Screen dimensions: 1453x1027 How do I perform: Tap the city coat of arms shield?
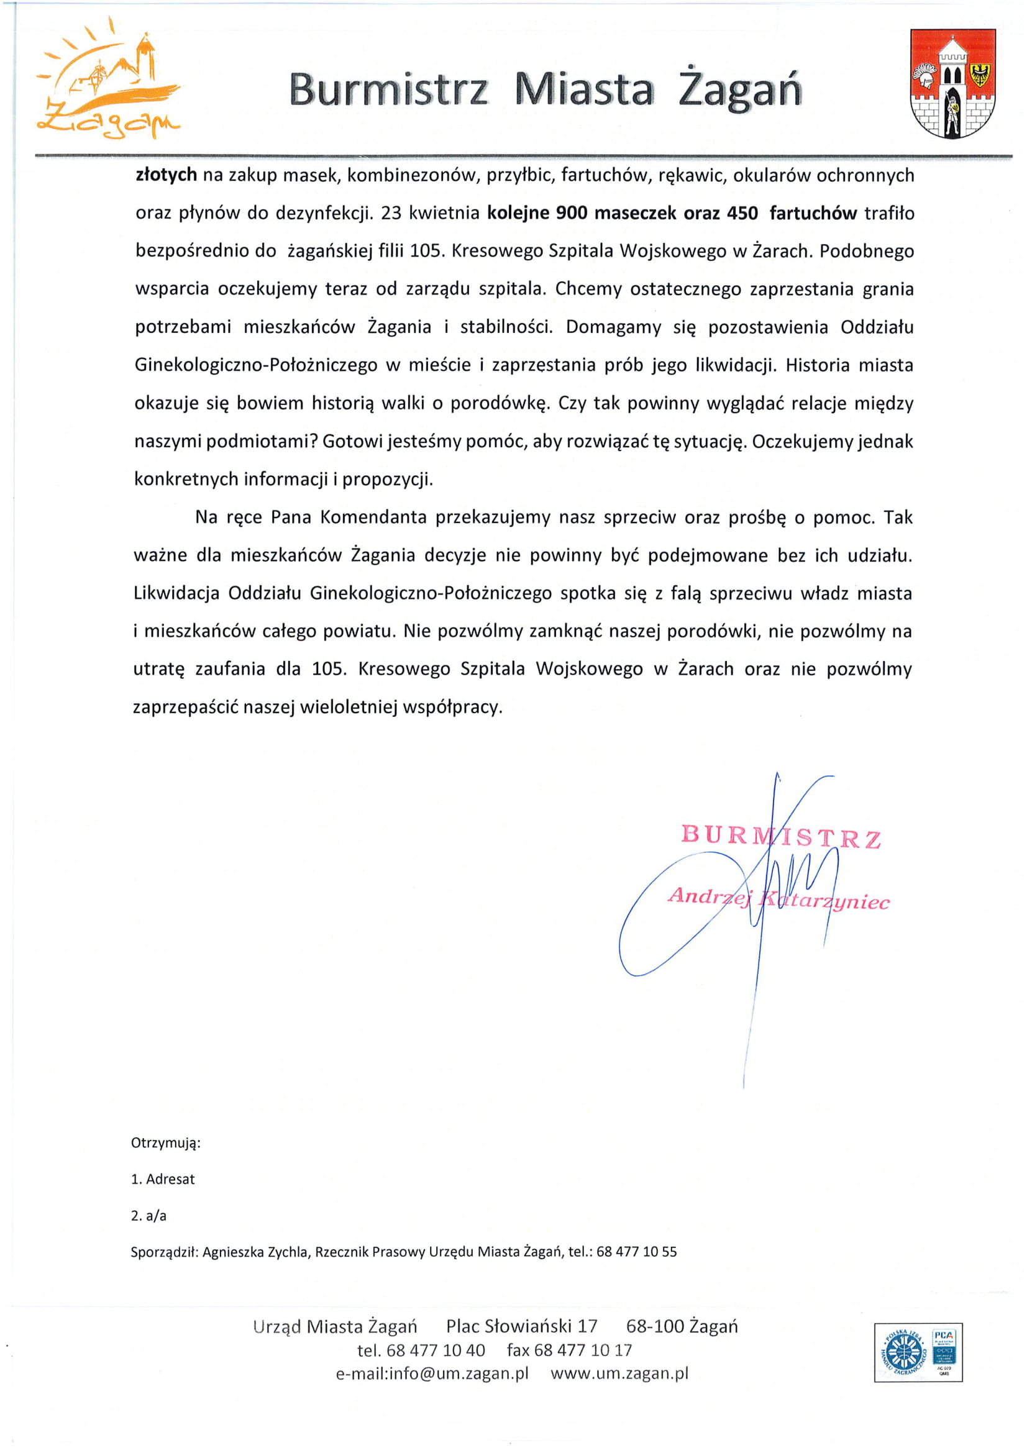(952, 83)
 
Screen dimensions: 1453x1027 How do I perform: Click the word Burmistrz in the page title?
(388, 90)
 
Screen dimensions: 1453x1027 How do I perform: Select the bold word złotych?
(166, 175)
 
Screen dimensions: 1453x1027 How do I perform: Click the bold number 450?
(742, 212)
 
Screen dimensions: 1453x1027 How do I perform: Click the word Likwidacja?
(176, 593)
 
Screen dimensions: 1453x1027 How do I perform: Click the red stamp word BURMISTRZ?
(780, 836)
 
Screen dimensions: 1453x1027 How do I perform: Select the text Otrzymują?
(166, 1142)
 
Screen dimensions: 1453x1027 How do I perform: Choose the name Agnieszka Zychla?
(255, 1251)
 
